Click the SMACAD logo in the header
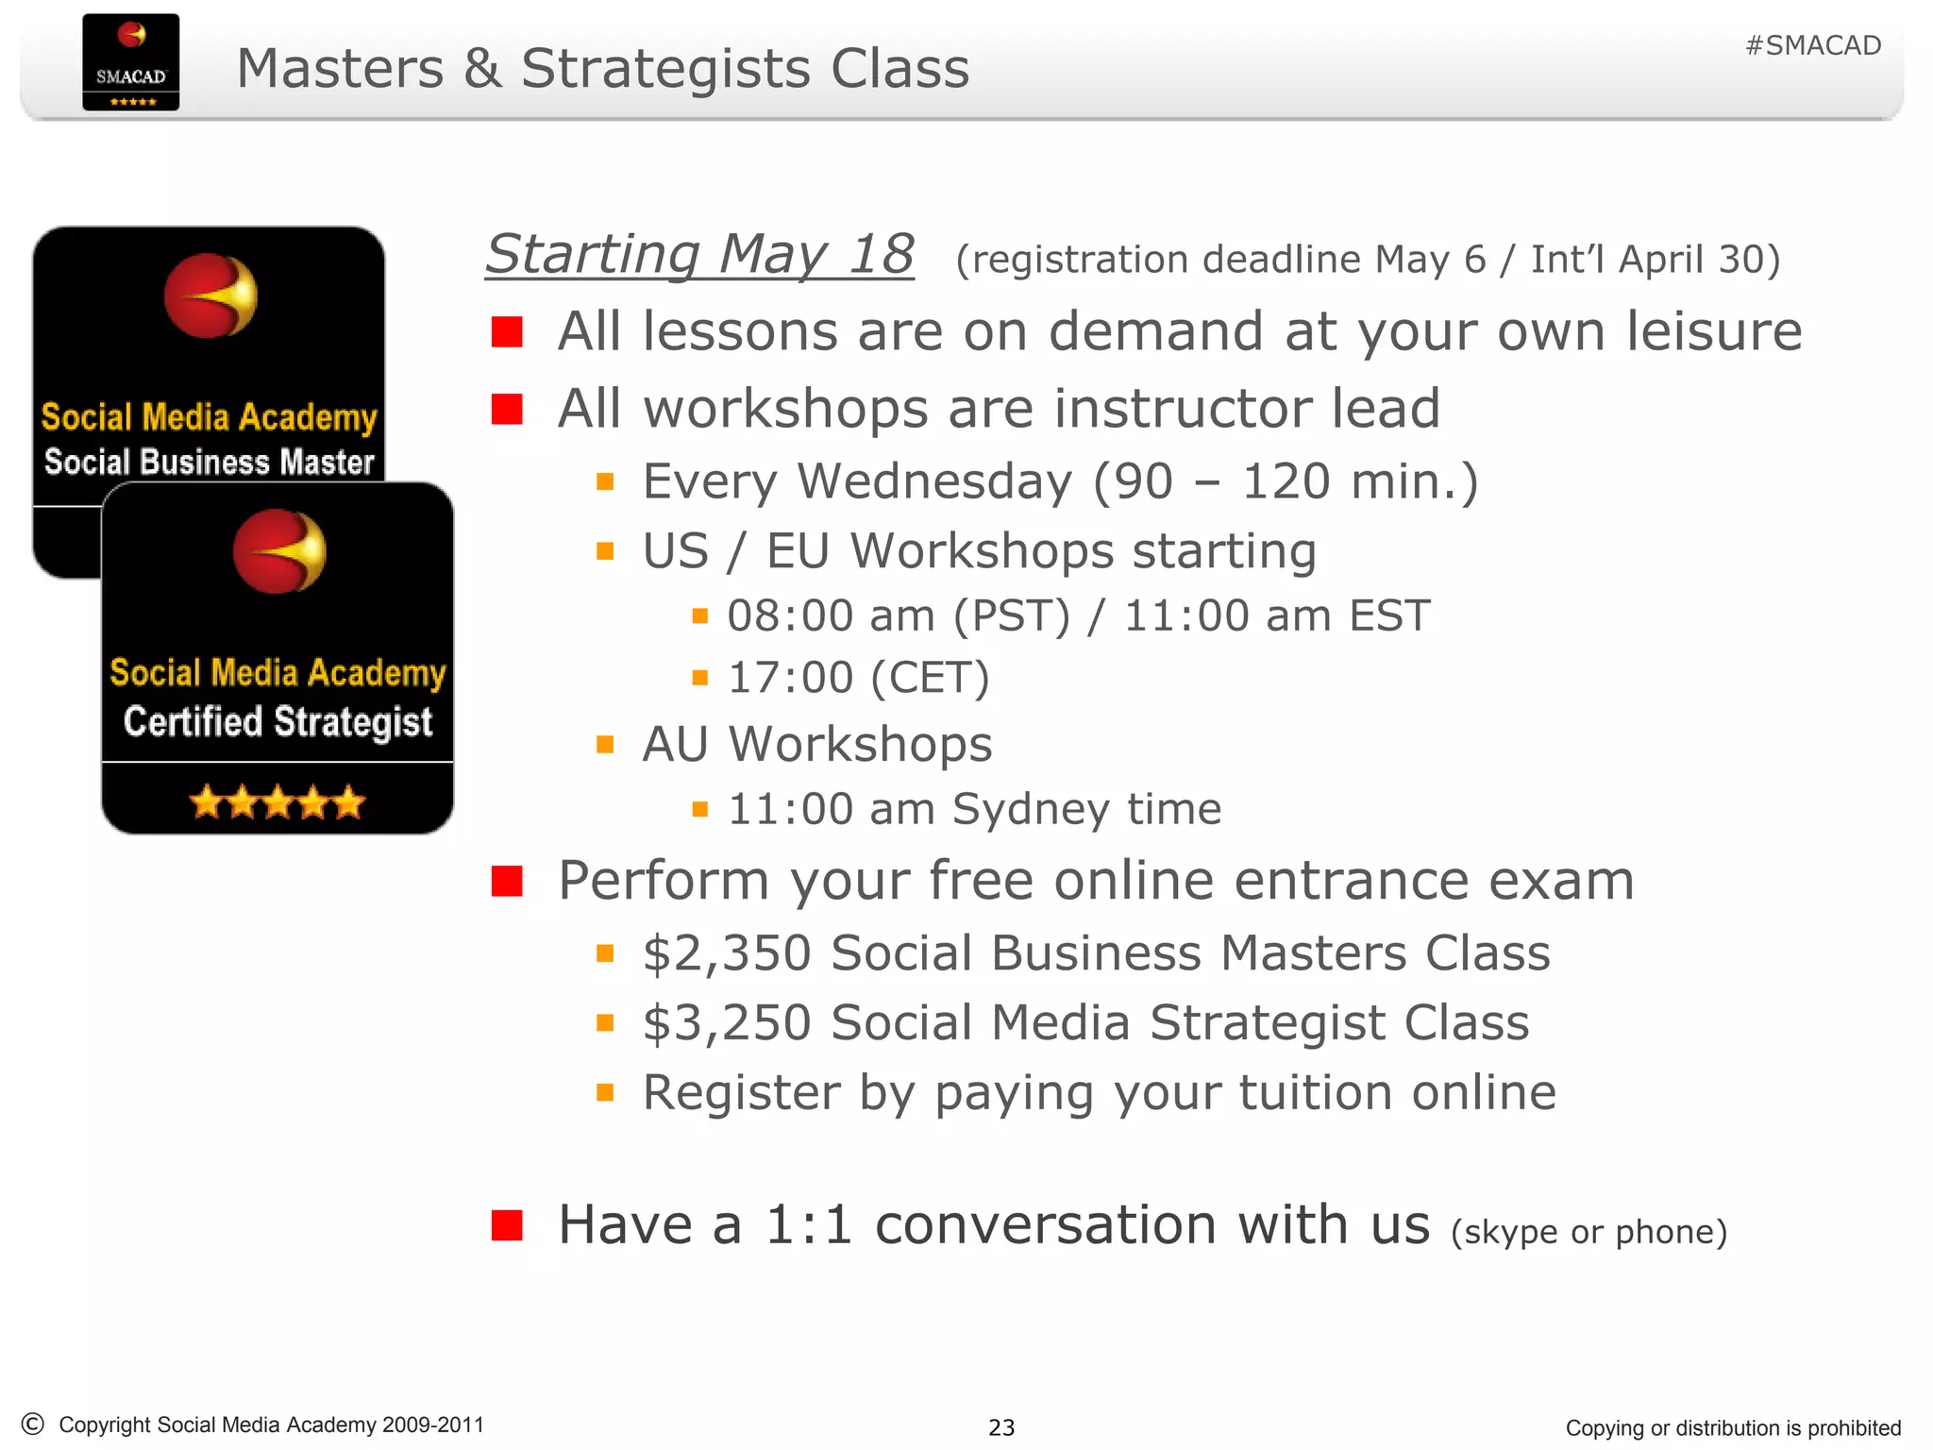130,62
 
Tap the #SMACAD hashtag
1812,45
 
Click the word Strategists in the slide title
665,69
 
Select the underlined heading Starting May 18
699,255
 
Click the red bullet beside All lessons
507,332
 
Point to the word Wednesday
934,481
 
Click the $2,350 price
726,953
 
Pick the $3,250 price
726,1022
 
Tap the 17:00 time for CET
790,678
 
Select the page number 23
1001,1427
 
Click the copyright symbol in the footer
33,1424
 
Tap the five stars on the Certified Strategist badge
277,802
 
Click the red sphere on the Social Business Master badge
210,295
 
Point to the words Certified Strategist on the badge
277,722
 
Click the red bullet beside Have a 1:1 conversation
507,1225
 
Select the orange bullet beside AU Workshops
605,745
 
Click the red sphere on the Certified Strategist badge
278,551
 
